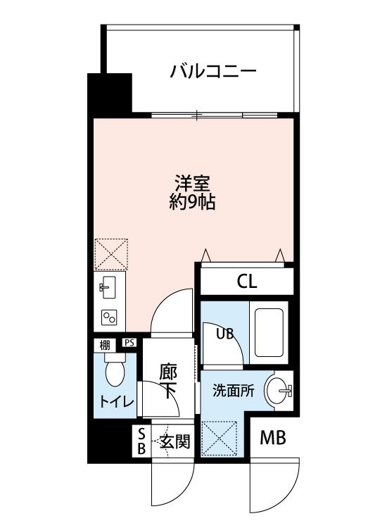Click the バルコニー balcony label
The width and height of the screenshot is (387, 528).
pyautogui.click(x=212, y=71)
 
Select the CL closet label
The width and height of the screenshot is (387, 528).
pyautogui.click(x=246, y=282)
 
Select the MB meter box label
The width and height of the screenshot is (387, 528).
pyautogui.click(x=273, y=439)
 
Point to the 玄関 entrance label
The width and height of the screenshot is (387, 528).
pyautogui.click(x=175, y=442)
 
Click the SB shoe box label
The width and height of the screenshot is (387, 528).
pyautogui.click(x=141, y=441)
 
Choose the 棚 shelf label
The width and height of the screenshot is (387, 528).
pyautogui.click(x=104, y=345)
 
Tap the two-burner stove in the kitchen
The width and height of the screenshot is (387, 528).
pyautogui.click(x=110, y=318)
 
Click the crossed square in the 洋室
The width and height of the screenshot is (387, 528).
pyautogui.click(x=110, y=253)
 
